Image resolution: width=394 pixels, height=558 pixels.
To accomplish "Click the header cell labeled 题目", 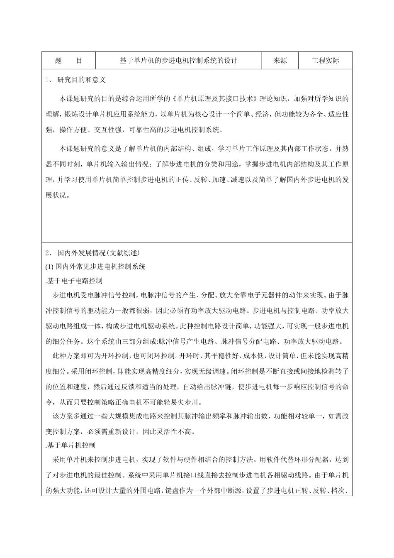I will click(68, 61).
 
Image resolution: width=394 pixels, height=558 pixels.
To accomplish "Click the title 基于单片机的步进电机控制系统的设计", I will click(178, 61).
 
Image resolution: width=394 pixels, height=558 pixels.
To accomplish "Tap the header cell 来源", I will click(280, 61).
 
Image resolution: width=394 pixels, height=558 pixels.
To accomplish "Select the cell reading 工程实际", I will click(325, 61).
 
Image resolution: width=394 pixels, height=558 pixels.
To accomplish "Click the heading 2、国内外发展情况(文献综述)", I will click(93, 253).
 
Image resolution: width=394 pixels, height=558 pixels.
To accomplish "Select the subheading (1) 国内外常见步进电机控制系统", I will click(95, 267).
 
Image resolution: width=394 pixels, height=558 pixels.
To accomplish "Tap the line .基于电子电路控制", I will click(73, 281).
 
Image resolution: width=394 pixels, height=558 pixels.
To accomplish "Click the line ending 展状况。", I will click(58, 195).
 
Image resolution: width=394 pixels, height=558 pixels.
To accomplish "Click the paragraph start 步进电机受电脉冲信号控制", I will click(93, 295).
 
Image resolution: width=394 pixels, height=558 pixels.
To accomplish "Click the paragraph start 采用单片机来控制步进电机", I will click(94, 460).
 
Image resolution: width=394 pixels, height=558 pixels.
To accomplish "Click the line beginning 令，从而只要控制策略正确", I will click(124, 402).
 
